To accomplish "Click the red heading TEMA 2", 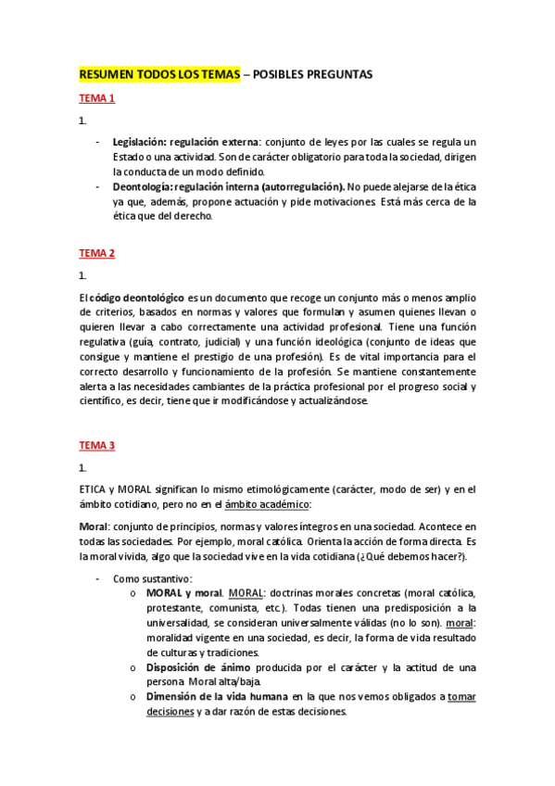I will pyautogui.click(x=96, y=252).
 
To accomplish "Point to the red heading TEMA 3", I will pyautogui.click(x=96, y=446).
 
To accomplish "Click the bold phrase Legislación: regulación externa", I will pyautogui.click(x=185, y=142).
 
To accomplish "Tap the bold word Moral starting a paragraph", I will pyautogui.click(x=94, y=526).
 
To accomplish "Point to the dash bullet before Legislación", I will pyautogui.click(x=100, y=142).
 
